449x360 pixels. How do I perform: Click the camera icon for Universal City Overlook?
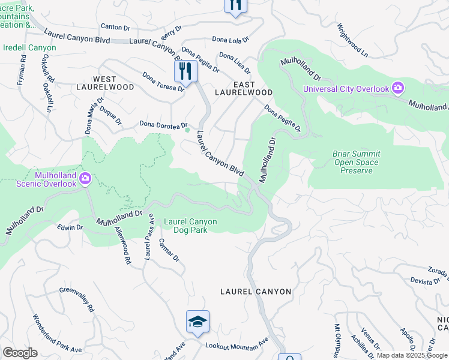click(397, 89)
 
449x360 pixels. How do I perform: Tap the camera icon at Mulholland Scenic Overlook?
click(85, 178)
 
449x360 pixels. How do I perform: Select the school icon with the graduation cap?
click(197, 322)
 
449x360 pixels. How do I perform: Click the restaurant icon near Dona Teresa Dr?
click(185, 72)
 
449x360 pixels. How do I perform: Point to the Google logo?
click(20, 353)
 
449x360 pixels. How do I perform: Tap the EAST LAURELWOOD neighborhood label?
click(244, 88)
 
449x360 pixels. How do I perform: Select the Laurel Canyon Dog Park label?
click(190, 225)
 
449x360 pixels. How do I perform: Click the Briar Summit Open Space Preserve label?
click(355, 162)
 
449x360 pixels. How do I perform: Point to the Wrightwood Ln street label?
click(352, 40)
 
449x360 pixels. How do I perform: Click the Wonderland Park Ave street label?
click(56, 333)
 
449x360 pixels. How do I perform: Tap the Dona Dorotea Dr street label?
click(163, 124)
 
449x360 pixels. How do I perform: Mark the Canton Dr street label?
click(115, 27)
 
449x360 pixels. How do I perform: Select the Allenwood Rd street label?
click(123, 250)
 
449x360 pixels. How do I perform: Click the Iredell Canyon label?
click(29, 47)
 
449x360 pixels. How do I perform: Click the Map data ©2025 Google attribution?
click(411, 355)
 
